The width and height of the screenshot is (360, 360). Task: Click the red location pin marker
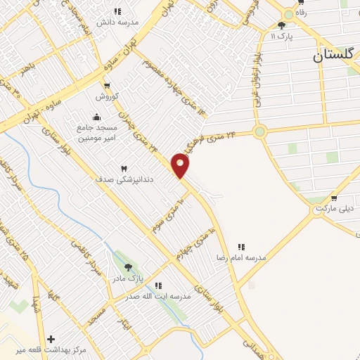[x=181, y=165]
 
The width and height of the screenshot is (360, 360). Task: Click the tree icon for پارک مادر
[x=129, y=267]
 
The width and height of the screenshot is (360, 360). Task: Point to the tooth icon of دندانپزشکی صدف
[x=124, y=169]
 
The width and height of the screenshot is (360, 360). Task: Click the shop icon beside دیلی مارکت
[x=333, y=198]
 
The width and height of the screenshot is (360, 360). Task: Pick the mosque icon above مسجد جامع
[x=96, y=117]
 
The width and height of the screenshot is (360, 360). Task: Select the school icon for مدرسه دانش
[x=117, y=11]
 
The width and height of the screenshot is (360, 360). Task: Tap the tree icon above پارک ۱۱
[x=282, y=25]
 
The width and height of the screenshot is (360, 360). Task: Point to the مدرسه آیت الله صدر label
[x=158, y=296]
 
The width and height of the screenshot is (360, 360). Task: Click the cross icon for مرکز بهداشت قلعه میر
[x=51, y=339]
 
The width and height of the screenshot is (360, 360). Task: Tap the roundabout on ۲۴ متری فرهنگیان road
[x=260, y=131]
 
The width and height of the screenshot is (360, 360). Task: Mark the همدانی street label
[x=252, y=345]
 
